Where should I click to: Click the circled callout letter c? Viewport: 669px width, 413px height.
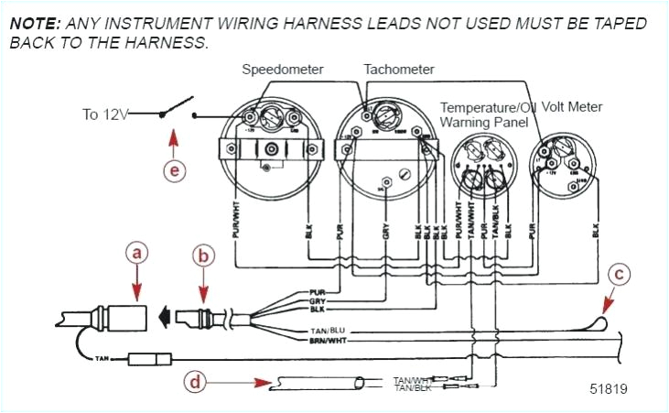pyautogui.click(x=620, y=272)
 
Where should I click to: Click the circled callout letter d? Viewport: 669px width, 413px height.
pyautogui.click(x=194, y=382)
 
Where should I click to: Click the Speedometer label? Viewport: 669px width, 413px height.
pyautogui.click(x=283, y=70)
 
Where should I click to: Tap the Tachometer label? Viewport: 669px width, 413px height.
pyautogui.click(x=399, y=70)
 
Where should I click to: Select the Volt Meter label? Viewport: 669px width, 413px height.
pyautogui.click(x=572, y=107)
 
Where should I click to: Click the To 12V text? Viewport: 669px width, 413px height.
pyautogui.click(x=103, y=114)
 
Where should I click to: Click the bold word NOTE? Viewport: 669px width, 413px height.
pyautogui.click(x=34, y=23)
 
